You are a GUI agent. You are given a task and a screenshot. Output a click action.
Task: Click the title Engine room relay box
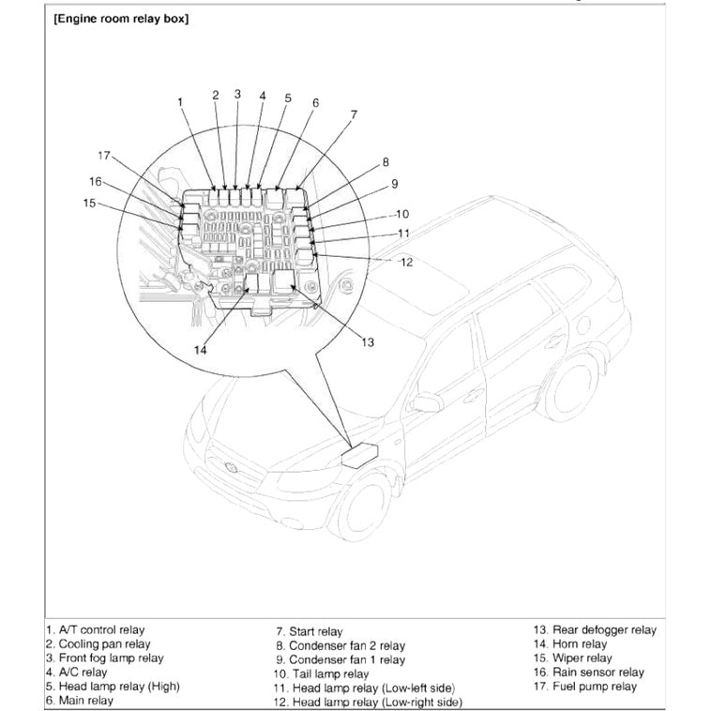pyautogui.click(x=121, y=19)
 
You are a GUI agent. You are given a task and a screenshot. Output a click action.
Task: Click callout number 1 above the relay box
pyautogui.click(x=179, y=100)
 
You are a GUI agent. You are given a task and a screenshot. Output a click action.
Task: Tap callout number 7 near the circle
pyautogui.click(x=354, y=114)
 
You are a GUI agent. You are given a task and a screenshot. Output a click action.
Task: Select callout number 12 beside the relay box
pyautogui.click(x=406, y=263)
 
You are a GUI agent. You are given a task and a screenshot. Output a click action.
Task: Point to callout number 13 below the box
pyautogui.click(x=367, y=342)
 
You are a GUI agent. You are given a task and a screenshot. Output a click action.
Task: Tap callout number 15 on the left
pyautogui.click(x=89, y=202)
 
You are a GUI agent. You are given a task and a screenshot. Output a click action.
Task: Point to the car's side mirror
pyautogui.click(x=427, y=402)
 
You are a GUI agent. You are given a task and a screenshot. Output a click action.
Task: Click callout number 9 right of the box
pyautogui.click(x=394, y=184)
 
